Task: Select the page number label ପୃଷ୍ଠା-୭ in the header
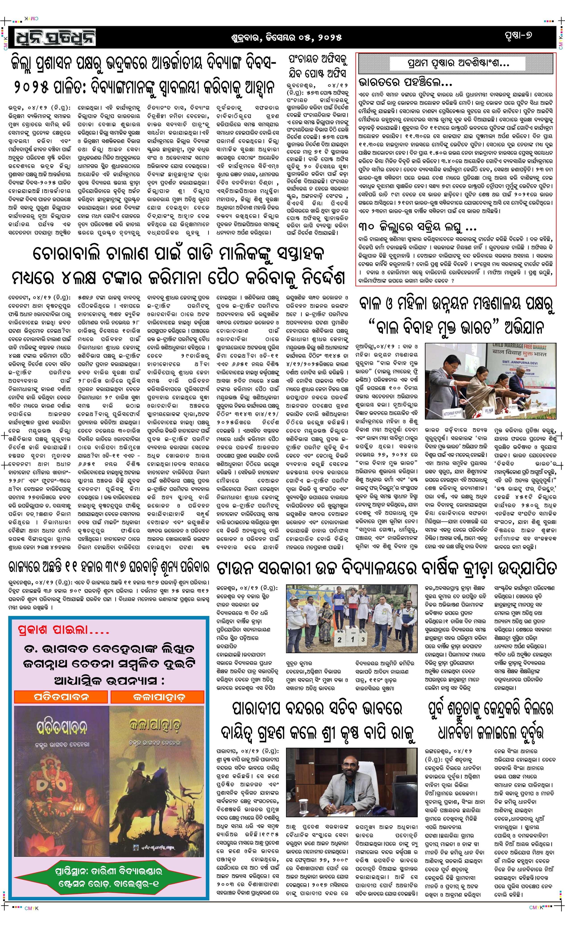coord(519,37)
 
